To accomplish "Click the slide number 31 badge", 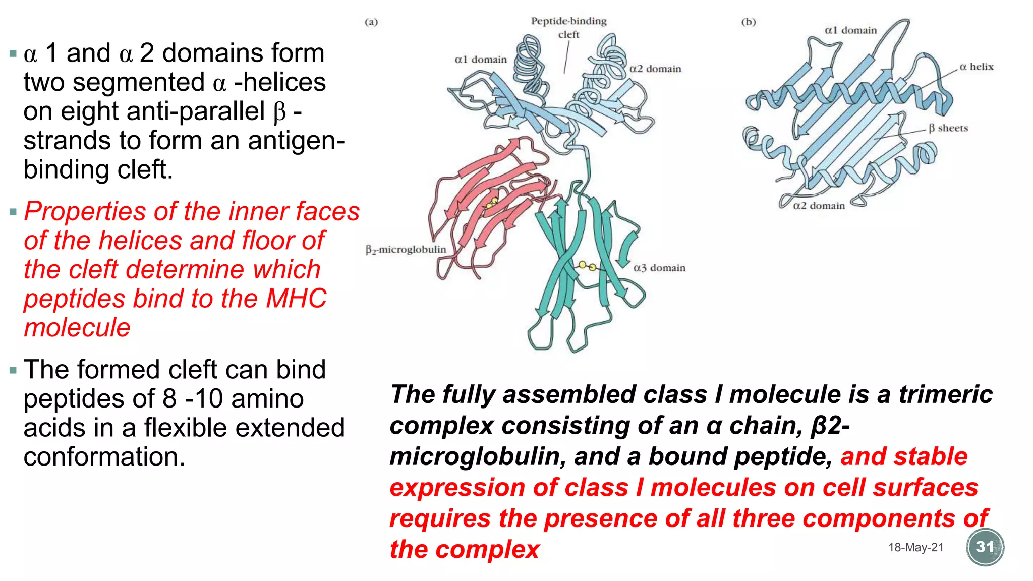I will click(985, 547).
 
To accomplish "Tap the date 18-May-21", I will click(915, 547).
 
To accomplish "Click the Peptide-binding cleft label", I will click(568, 27).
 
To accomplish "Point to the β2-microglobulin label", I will click(406, 249).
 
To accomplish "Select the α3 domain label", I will click(659, 268).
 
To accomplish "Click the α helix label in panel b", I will click(976, 67).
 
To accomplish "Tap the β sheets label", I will click(948, 128).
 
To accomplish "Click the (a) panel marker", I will click(371, 22).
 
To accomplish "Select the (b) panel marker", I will click(749, 22).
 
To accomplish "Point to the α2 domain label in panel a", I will click(655, 69).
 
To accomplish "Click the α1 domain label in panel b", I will click(850, 30).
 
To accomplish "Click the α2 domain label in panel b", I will click(819, 206).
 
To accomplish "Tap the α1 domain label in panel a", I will click(480, 60).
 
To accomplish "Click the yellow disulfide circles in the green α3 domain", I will click(587, 266).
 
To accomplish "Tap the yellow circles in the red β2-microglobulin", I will click(491, 203).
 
